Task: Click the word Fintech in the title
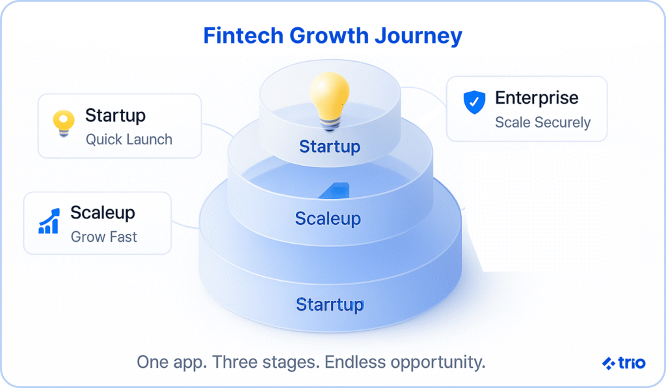[x=243, y=35]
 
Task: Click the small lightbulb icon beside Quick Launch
[x=64, y=123]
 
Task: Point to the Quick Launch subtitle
[x=129, y=139]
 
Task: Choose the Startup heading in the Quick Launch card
[x=116, y=116]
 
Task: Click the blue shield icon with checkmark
[x=474, y=102]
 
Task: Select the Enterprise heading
[x=537, y=99]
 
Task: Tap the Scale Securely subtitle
[x=543, y=122]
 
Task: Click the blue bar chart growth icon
[x=49, y=221]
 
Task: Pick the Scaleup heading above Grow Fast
[x=103, y=213]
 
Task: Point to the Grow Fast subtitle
[x=103, y=237]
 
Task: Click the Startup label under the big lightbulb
[x=330, y=147]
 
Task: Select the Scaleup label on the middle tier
[x=328, y=219]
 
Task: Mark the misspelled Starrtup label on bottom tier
[x=330, y=305]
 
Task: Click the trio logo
[x=624, y=363]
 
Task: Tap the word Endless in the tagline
[x=354, y=362]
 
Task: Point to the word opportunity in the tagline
[x=438, y=363]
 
